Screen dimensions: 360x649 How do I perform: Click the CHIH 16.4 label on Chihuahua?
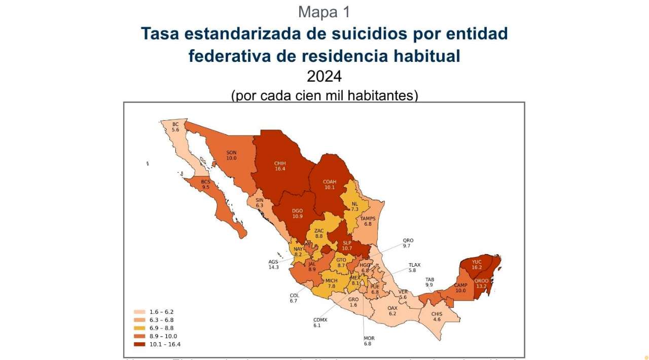(x=280, y=166)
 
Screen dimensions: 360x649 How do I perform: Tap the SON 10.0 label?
(x=231, y=155)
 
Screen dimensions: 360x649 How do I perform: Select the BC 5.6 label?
(x=175, y=127)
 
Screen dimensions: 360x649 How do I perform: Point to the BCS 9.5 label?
(x=205, y=185)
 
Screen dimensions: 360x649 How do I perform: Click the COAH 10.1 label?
(x=330, y=184)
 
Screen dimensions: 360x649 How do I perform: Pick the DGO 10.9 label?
(x=297, y=213)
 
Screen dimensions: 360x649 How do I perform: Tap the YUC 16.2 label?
(x=477, y=265)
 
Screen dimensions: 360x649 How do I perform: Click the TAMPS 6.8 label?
(x=368, y=221)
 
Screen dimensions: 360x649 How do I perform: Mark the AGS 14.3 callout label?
(x=274, y=265)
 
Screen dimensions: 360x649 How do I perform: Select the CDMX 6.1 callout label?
(x=320, y=322)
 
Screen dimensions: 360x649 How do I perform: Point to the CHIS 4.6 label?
(x=437, y=317)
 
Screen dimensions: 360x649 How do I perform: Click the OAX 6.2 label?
(x=392, y=311)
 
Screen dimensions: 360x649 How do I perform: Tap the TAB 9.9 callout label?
(x=429, y=282)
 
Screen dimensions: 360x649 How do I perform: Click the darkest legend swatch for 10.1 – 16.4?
(x=140, y=344)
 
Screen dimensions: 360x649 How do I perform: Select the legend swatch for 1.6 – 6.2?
(x=140, y=312)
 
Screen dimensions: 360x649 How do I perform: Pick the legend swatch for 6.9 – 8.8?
(x=140, y=328)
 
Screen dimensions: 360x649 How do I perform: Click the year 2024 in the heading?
(x=324, y=77)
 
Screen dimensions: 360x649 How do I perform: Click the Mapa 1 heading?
(x=324, y=12)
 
